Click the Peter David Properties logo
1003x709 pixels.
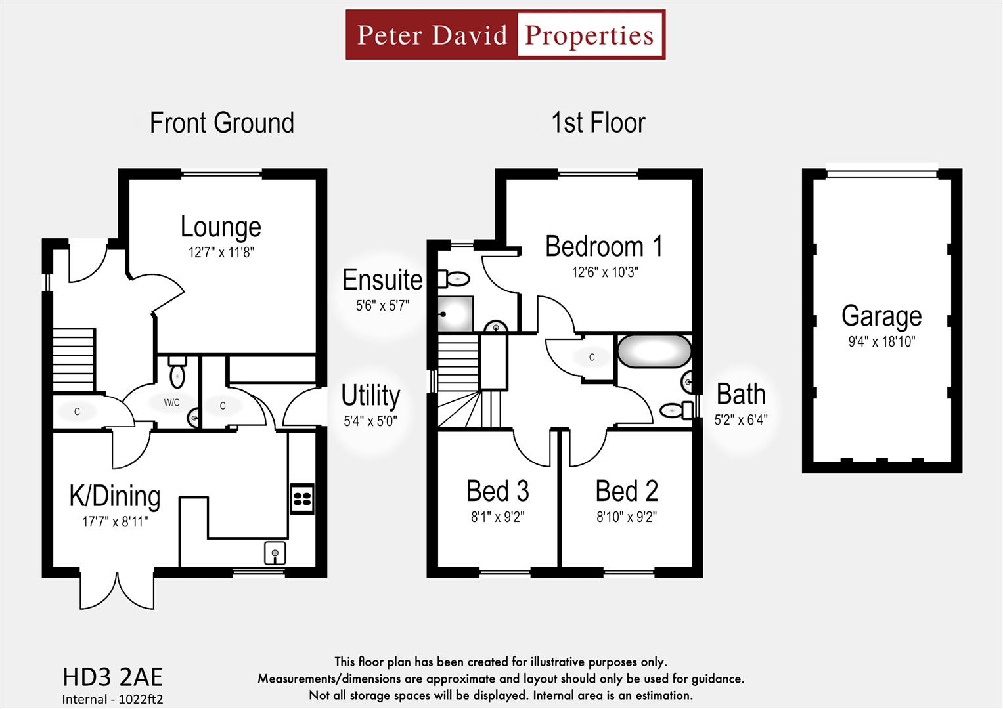coord(505,35)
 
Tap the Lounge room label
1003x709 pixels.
coord(221,226)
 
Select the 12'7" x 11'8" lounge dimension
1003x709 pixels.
coord(221,252)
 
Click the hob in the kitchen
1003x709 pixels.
coord(302,498)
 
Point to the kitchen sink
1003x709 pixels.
coord(275,553)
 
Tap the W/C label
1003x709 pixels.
coord(171,402)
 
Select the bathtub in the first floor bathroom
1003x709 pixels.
coord(654,351)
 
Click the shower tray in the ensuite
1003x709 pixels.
coord(455,314)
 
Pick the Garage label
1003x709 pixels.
coord(881,316)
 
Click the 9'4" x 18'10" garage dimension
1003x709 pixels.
coord(881,341)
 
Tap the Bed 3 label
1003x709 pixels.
coord(497,491)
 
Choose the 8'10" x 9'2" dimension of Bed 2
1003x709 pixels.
coord(627,517)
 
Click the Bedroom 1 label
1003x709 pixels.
coord(604,247)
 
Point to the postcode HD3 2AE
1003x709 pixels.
coord(112,677)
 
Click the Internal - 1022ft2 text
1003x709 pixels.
coord(112,699)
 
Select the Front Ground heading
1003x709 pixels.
coord(221,123)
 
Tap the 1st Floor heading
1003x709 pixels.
coord(598,123)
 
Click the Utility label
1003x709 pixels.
coord(370,396)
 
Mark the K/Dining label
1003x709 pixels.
coord(115,496)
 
